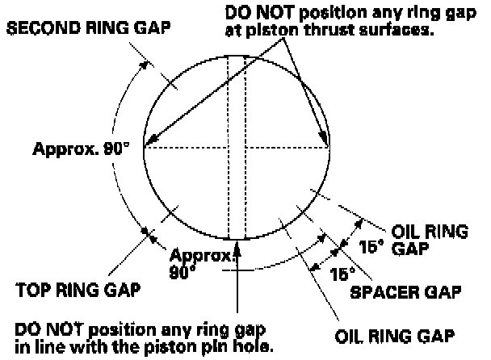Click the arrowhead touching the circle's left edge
click(148, 144)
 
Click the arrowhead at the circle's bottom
click(237, 244)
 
